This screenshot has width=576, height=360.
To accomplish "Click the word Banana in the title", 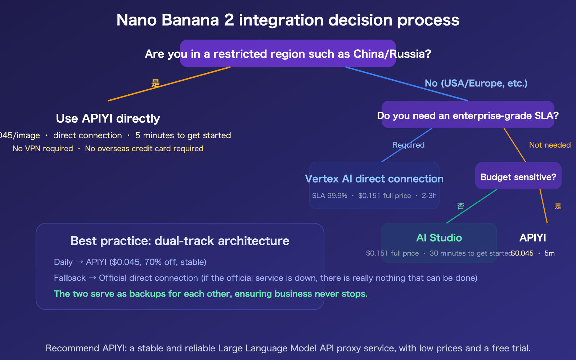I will (x=190, y=20).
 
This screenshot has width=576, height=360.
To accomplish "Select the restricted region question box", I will (x=288, y=54).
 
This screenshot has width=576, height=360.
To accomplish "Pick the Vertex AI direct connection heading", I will (x=374, y=179).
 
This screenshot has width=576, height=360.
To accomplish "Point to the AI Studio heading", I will (x=439, y=238).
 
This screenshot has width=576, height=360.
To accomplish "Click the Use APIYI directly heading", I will (x=108, y=118).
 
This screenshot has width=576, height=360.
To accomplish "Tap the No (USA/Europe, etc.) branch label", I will (x=476, y=84).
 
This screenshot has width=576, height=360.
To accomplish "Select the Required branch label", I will (x=408, y=145).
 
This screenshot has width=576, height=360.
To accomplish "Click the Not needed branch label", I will (x=550, y=145).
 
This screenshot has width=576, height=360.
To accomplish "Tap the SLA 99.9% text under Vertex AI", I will (x=329, y=196).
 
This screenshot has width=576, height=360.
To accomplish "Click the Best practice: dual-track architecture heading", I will (x=180, y=241).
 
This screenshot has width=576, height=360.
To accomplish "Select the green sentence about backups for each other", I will (x=211, y=294).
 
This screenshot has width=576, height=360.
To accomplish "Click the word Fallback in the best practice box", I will (x=70, y=278).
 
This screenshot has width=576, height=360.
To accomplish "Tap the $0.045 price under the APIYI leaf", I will (x=522, y=253).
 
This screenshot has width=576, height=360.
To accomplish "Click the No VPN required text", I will (x=42, y=149).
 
